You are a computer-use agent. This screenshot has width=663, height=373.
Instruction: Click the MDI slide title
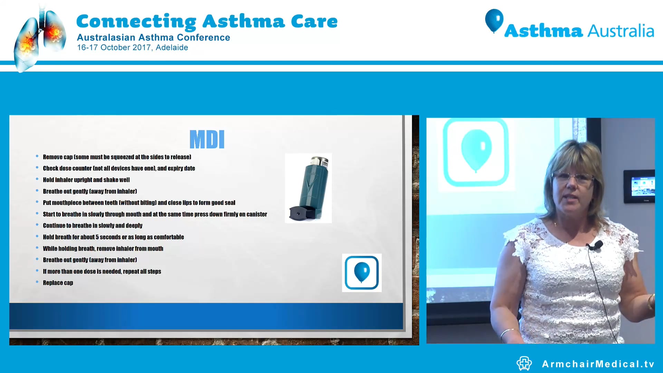pos(207,140)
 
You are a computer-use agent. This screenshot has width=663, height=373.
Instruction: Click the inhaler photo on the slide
pos(308,188)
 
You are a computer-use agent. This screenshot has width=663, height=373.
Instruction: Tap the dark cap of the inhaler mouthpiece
pos(299,213)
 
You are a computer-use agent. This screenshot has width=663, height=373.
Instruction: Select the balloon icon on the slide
pos(362,272)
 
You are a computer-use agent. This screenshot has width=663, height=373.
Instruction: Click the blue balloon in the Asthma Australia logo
pos(494,20)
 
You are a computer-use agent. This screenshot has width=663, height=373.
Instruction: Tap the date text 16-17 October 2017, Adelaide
pos(132,48)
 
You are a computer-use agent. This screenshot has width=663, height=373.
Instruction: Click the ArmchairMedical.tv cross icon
pos(524,363)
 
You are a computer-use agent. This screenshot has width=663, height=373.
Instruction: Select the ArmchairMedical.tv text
pos(598,364)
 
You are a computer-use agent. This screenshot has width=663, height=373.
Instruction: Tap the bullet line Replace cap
pos(58,283)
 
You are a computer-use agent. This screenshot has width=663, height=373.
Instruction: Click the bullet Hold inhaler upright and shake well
pos(86,180)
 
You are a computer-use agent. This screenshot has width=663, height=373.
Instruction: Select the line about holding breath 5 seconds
pos(113,237)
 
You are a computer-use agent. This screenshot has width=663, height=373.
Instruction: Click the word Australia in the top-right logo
pos(621,31)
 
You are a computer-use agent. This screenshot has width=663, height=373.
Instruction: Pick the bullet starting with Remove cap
pos(117,157)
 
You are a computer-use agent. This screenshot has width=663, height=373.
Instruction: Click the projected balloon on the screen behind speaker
pos(476,150)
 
